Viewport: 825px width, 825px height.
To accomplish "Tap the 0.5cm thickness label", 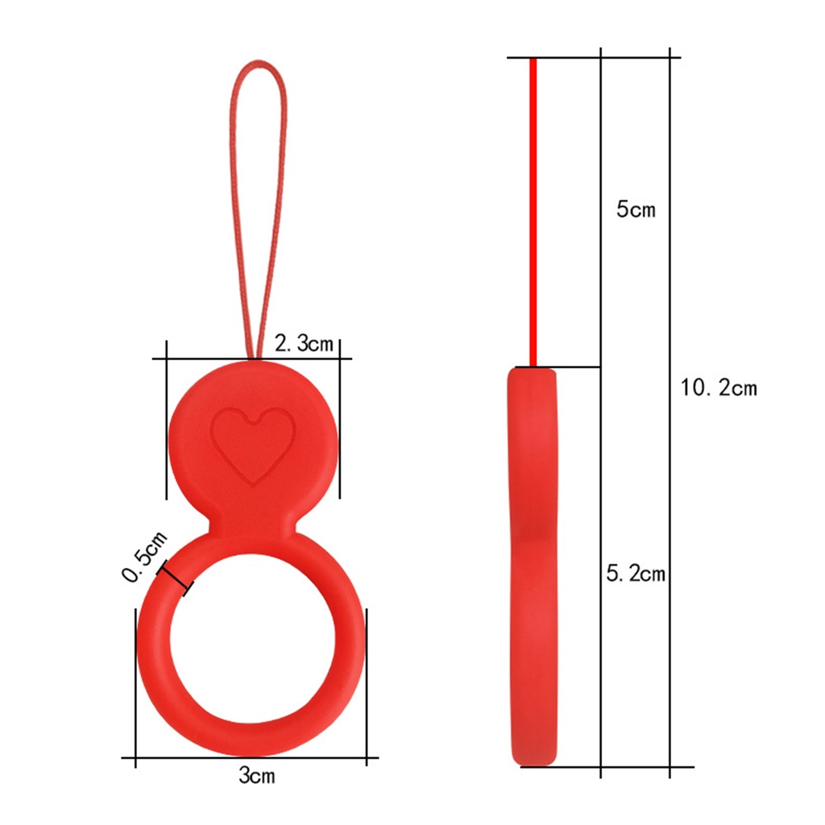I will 143,556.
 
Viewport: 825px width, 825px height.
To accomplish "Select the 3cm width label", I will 256,776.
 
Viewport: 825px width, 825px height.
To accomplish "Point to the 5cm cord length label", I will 636,210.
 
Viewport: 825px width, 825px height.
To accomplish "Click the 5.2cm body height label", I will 636,574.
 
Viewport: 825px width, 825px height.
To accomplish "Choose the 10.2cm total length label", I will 719,388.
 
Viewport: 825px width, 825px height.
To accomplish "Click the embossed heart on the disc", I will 252,444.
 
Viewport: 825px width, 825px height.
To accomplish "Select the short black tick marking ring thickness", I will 178,578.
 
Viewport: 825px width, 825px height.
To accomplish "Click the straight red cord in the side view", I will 533,209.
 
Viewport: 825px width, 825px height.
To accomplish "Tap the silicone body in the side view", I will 533,564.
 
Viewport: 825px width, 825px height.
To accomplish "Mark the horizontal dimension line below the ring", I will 250,757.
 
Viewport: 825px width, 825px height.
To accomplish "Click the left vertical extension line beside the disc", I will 166,427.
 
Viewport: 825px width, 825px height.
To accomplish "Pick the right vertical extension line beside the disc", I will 339,427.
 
